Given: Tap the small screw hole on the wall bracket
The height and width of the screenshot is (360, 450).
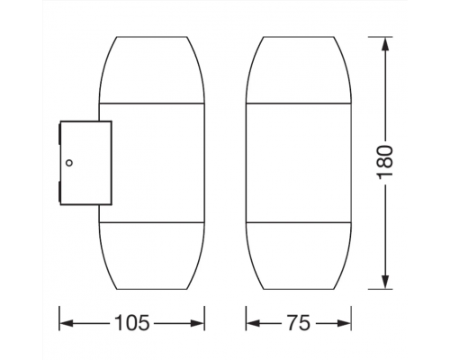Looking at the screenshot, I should point(68,163).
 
